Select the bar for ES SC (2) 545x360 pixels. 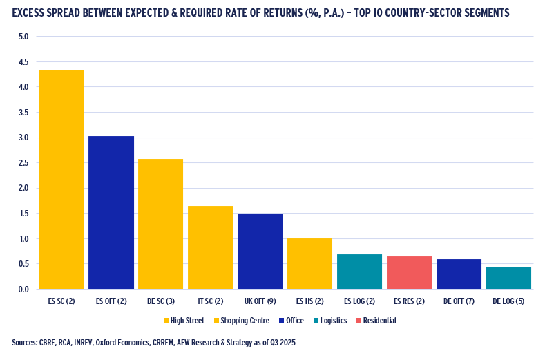pos(61,179)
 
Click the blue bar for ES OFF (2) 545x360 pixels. pos(111,212)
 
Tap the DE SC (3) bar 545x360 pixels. pos(161,224)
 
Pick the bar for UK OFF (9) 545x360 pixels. pos(260,251)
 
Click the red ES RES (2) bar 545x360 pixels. pos(410,272)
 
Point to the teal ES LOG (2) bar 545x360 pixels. pos(360,272)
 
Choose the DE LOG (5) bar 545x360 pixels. pos(508,278)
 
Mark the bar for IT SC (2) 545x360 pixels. pos(211,247)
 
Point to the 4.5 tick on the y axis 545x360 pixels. pos(23,62)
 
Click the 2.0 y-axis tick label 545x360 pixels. pos(23,188)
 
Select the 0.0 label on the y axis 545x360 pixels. pos(23,290)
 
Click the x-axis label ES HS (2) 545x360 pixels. pos(309,302)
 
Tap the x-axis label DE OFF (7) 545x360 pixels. pos(459,302)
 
